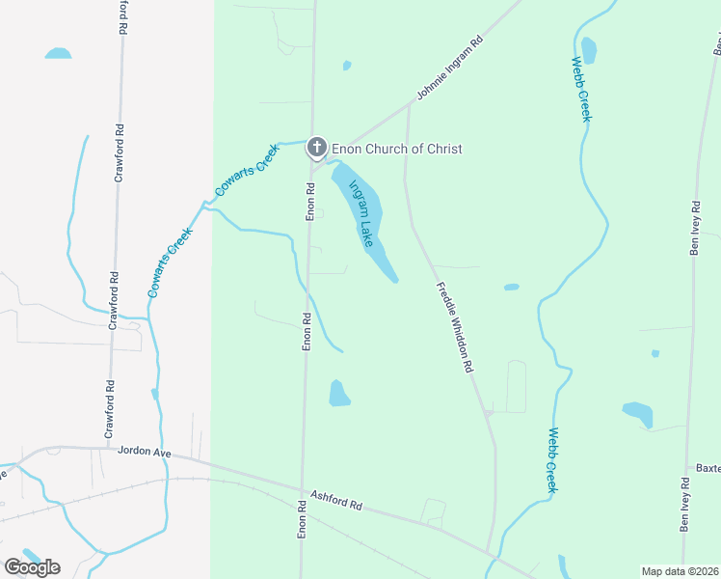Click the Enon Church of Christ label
coord(396,149)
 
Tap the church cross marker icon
coord(316,148)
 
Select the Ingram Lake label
coord(360,214)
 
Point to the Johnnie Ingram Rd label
coord(449,69)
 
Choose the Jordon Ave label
coord(144,451)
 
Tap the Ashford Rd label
coord(335,500)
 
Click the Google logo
coord(32,566)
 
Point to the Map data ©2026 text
coord(681,571)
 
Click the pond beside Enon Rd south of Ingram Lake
coord(339,393)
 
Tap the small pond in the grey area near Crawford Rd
coord(58,53)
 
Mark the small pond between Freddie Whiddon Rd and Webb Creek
coord(511,287)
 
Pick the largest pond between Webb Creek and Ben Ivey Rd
coord(638,414)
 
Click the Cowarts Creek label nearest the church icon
coord(247,170)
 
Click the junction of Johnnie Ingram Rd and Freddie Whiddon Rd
coord(408,105)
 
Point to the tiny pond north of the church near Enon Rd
coord(346,66)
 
